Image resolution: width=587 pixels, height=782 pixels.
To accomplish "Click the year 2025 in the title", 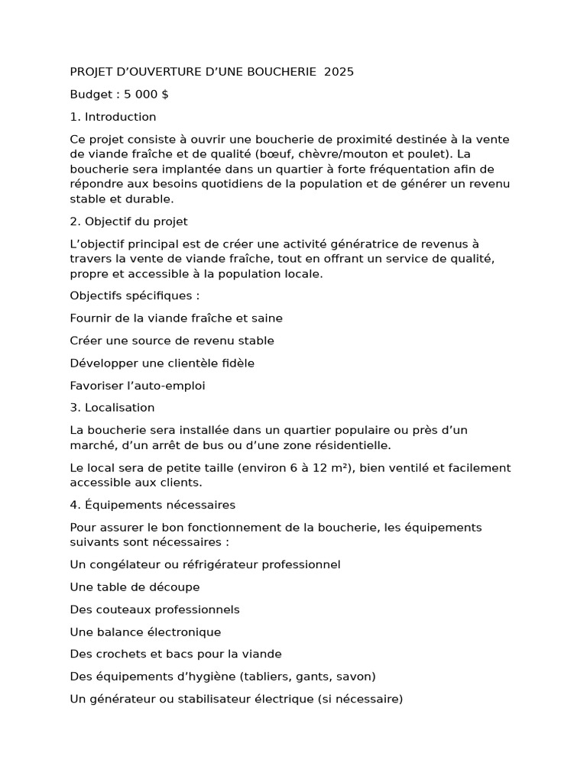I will (339, 72).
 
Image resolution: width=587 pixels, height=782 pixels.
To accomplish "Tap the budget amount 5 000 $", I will (141, 95).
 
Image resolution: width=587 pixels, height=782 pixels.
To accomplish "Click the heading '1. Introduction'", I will (113, 117).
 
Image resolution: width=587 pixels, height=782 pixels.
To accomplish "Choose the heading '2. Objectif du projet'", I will (128, 221).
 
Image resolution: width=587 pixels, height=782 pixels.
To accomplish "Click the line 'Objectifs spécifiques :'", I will (135, 296).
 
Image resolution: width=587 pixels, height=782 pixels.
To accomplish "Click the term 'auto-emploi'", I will (171, 386).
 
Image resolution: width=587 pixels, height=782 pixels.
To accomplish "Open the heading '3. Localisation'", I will (112, 408).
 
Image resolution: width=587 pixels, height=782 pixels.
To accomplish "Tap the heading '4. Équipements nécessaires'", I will (153, 505).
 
